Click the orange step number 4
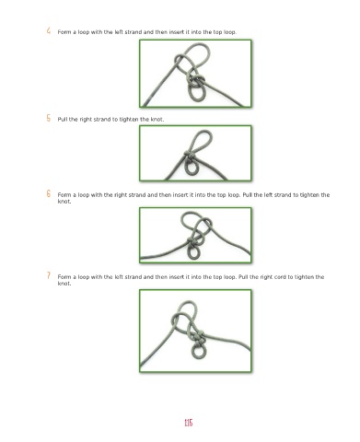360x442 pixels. (x=49, y=30)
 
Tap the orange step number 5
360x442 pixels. (x=49, y=118)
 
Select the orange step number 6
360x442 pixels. (x=49, y=193)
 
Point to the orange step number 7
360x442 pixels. (x=49, y=275)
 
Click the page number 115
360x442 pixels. (x=189, y=423)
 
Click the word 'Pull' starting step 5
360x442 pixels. (x=63, y=120)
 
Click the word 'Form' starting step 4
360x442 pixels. (x=64, y=32)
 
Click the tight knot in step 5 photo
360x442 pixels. (x=191, y=157)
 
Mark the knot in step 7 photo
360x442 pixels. (x=198, y=338)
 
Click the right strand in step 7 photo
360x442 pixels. (x=228, y=338)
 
